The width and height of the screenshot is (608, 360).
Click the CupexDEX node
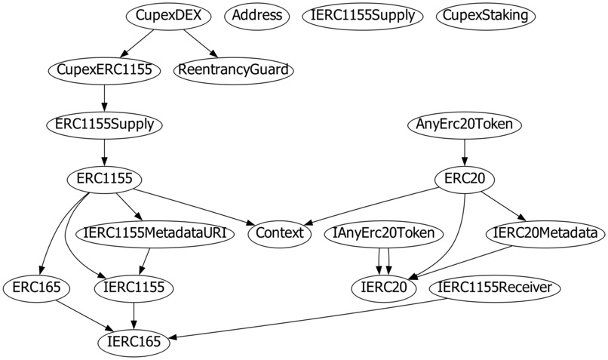pyautogui.click(x=164, y=15)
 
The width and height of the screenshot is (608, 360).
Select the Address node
pyautogui.click(x=257, y=15)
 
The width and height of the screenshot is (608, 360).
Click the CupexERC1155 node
pyautogui.click(x=104, y=70)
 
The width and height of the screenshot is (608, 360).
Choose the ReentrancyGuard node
pyautogui.click(x=233, y=70)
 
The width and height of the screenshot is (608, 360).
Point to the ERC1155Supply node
pyautogui.click(x=104, y=125)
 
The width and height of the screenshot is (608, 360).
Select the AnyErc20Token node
pyautogui.click(x=465, y=125)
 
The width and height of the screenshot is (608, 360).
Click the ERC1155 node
pyautogui.click(x=104, y=179)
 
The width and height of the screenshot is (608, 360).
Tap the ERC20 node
pyautogui.click(x=465, y=179)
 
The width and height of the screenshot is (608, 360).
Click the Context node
pyautogui.click(x=279, y=233)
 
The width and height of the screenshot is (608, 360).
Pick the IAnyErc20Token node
pyautogui.click(x=383, y=233)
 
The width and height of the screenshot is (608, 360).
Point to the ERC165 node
pyautogui.click(x=37, y=288)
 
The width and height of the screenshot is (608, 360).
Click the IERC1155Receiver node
pyautogui.click(x=495, y=288)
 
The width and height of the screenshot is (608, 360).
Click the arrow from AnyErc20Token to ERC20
pyautogui.click(x=465, y=152)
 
